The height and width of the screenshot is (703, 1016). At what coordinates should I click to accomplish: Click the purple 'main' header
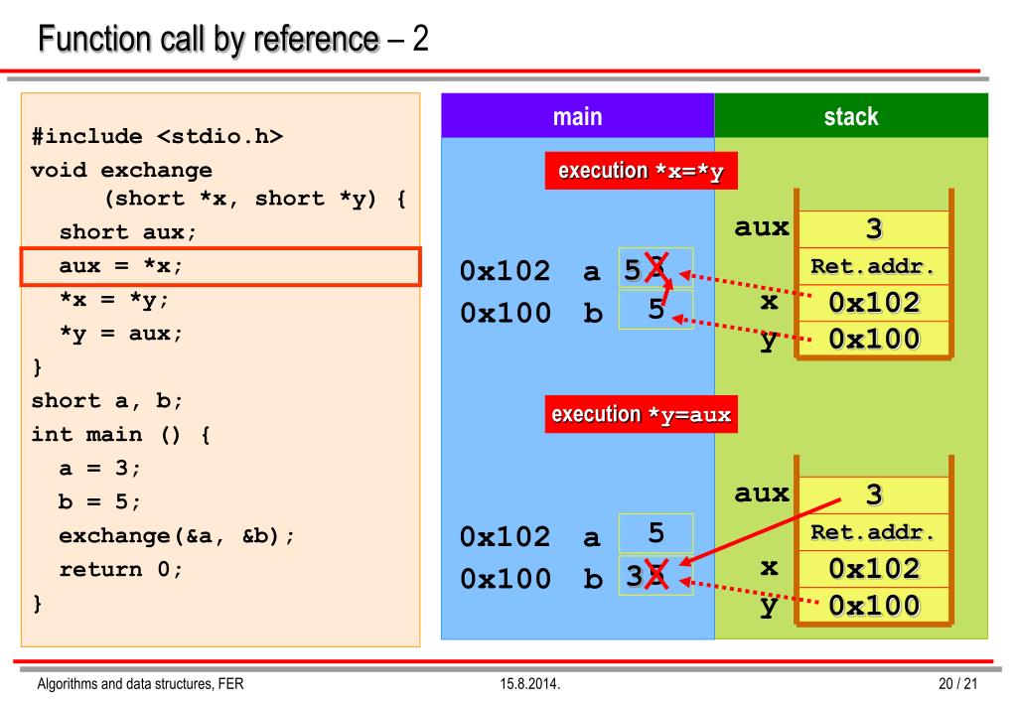(577, 116)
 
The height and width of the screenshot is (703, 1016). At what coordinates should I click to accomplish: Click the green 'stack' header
(851, 116)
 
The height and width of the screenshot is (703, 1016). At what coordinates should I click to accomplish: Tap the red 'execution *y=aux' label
(641, 414)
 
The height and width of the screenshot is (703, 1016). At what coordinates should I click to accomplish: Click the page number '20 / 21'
(958, 684)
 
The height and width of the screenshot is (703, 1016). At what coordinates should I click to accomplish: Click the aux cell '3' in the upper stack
(873, 229)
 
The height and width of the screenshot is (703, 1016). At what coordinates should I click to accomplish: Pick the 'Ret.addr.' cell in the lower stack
(873, 532)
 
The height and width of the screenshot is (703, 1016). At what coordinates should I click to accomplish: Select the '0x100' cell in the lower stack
(873, 605)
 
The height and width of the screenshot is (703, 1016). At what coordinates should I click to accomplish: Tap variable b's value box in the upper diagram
(655, 310)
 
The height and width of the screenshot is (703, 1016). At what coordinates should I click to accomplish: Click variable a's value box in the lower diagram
(655, 534)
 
